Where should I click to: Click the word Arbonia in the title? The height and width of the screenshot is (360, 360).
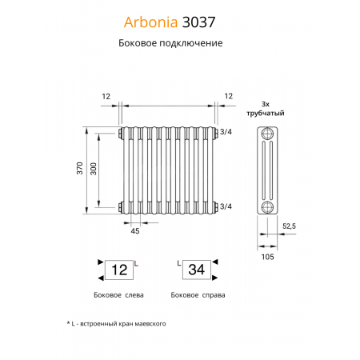tap(154, 22)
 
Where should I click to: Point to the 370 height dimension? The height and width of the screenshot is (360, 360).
tap(78, 170)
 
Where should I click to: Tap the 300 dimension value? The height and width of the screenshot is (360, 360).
tap(95, 170)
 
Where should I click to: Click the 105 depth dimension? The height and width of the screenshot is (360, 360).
tap(267, 256)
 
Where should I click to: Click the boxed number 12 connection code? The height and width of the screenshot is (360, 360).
tap(118, 270)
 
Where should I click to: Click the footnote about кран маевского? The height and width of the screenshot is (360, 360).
tap(116, 323)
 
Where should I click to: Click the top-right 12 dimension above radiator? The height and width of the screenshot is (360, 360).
tap(228, 96)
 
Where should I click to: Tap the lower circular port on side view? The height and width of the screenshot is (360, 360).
tap(267, 206)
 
